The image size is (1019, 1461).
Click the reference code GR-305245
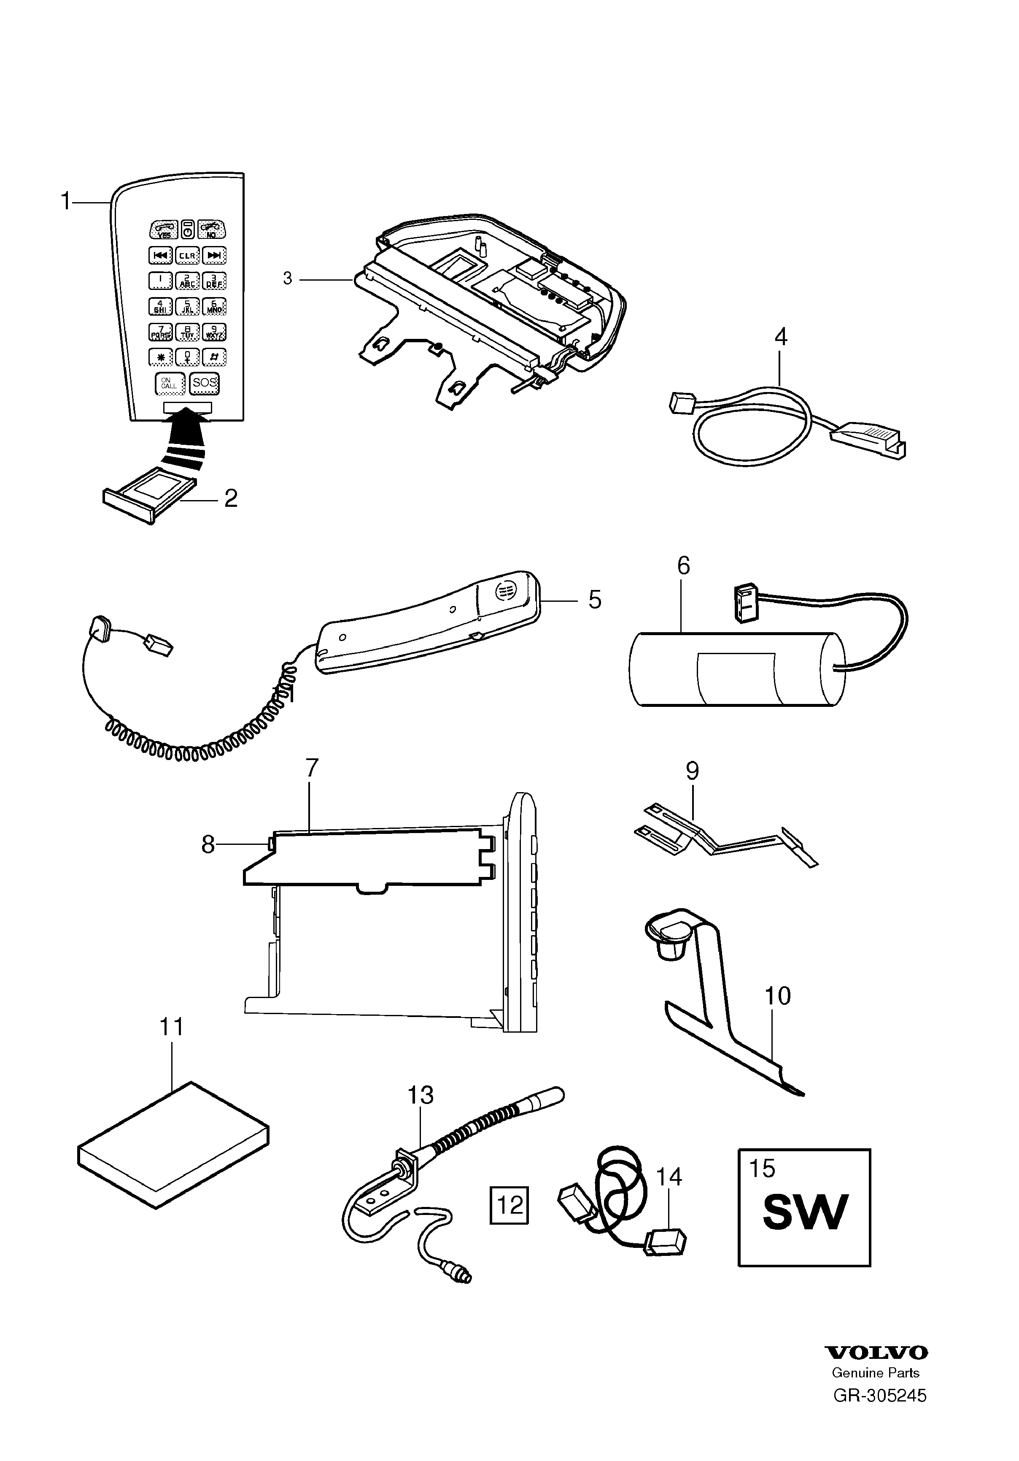[x=880, y=1396]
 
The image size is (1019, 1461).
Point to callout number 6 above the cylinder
[x=683, y=565]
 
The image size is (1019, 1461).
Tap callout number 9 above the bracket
[x=692, y=771]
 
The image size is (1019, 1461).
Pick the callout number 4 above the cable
[x=780, y=337]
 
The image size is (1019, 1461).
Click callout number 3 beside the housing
[x=288, y=279]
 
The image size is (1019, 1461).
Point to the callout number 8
[x=208, y=845]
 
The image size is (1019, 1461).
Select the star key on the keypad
[x=160, y=357]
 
